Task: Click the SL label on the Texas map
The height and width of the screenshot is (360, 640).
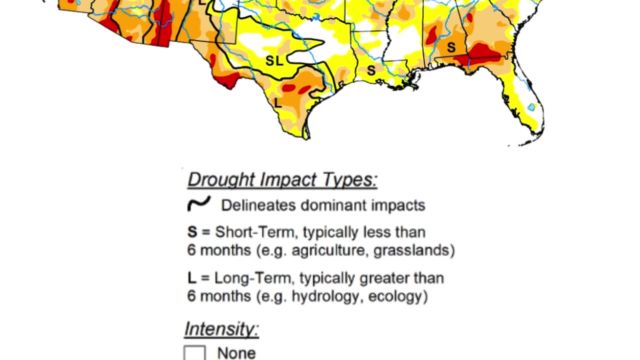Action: tap(274, 61)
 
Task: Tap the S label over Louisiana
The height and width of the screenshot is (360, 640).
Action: tap(371, 70)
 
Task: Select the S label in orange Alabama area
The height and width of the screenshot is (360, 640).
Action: tap(451, 47)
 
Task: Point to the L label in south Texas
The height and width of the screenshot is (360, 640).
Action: tap(278, 103)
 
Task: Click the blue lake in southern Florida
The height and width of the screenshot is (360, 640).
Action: tap(531, 106)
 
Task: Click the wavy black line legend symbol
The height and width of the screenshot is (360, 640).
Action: tap(198, 204)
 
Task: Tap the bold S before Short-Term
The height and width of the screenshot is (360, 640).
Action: tap(192, 232)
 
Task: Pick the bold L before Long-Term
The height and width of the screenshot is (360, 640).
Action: tap(191, 278)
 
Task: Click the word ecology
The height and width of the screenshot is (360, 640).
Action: tap(397, 296)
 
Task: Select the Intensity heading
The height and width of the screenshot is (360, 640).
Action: tap(221, 329)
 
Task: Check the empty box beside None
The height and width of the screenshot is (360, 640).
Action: tap(194, 353)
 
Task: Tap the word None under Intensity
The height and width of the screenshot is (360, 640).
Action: tap(236, 353)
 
